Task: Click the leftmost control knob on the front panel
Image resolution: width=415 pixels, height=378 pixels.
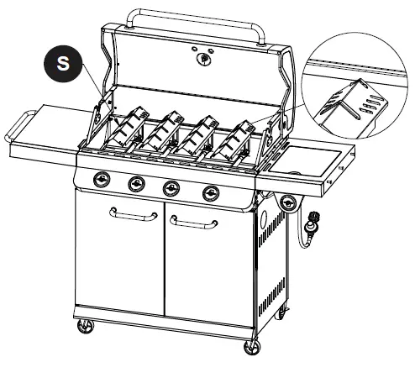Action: point(103,180)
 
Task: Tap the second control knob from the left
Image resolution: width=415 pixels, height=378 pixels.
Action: point(135,184)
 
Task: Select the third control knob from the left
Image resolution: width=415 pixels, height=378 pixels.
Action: point(171,187)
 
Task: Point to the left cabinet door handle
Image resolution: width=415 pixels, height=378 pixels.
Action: point(133,215)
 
